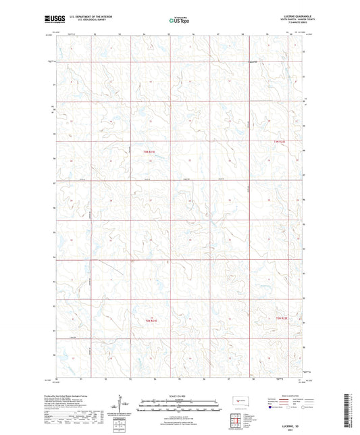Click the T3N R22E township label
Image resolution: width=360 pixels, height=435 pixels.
click(x=280, y=140)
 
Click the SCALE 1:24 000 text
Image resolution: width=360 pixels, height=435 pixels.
click(x=180, y=397)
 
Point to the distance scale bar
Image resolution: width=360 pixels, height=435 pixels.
click(x=180, y=407)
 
